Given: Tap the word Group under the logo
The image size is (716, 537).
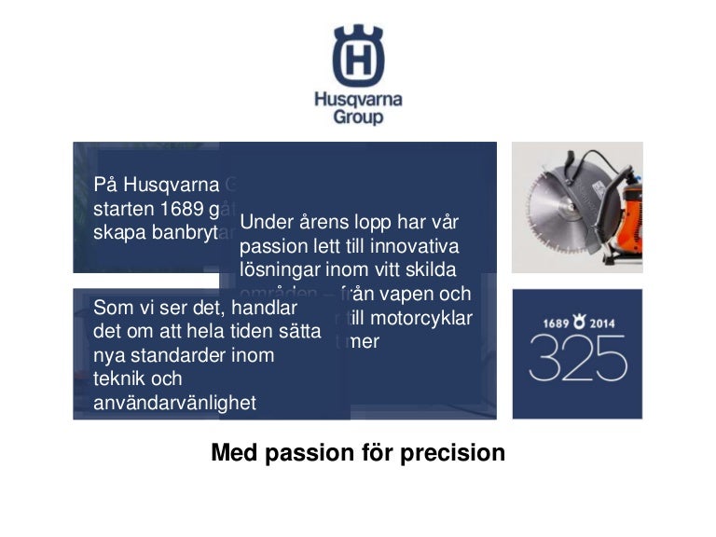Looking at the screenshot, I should point(358,118).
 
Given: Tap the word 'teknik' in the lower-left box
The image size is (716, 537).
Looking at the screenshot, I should point(118,379).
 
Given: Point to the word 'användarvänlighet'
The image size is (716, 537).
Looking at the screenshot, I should point(175,403).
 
